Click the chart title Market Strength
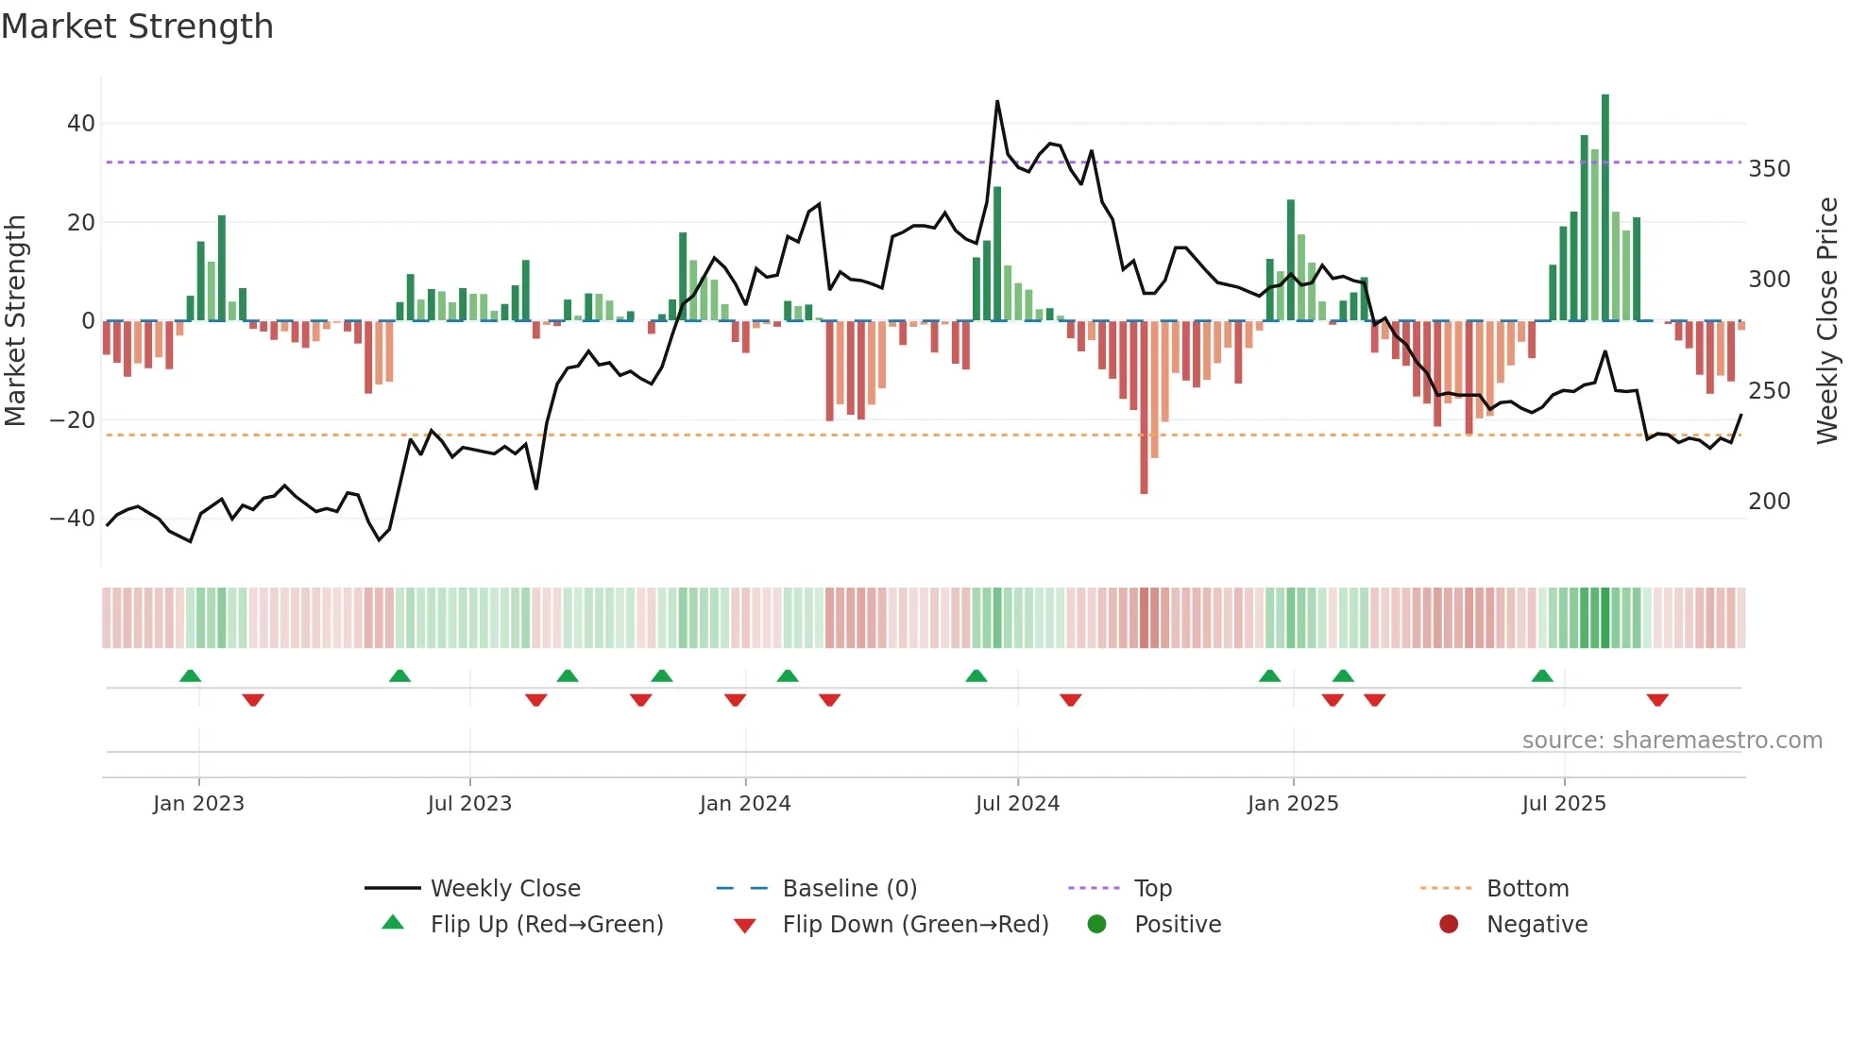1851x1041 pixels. [x=137, y=26]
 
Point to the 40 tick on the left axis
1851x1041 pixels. [x=81, y=124]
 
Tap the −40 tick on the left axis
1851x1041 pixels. [x=73, y=519]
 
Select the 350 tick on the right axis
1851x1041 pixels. [x=1769, y=169]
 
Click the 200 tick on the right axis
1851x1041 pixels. [x=1769, y=502]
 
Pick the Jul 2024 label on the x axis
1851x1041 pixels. [x=1017, y=804]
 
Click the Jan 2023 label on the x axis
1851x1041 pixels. [x=198, y=804]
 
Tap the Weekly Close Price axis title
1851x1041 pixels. [x=1827, y=321]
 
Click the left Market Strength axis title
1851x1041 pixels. [x=15, y=321]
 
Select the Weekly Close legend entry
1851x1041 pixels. [x=505, y=889]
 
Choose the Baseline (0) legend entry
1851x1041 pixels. [x=849, y=889]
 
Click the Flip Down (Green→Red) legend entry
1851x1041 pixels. [x=915, y=925]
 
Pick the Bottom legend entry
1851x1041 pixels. [x=1527, y=889]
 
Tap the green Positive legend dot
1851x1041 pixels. [x=1096, y=925]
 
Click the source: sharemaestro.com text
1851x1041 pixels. [x=1672, y=741]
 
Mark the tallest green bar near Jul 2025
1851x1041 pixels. [x=1605, y=208]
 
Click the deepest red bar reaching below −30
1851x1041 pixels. [x=1144, y=406]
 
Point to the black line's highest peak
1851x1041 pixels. [x=997, y=102]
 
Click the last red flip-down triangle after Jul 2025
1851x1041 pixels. [x=1657, y=700]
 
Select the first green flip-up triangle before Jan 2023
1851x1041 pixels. [x=190, y=675]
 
